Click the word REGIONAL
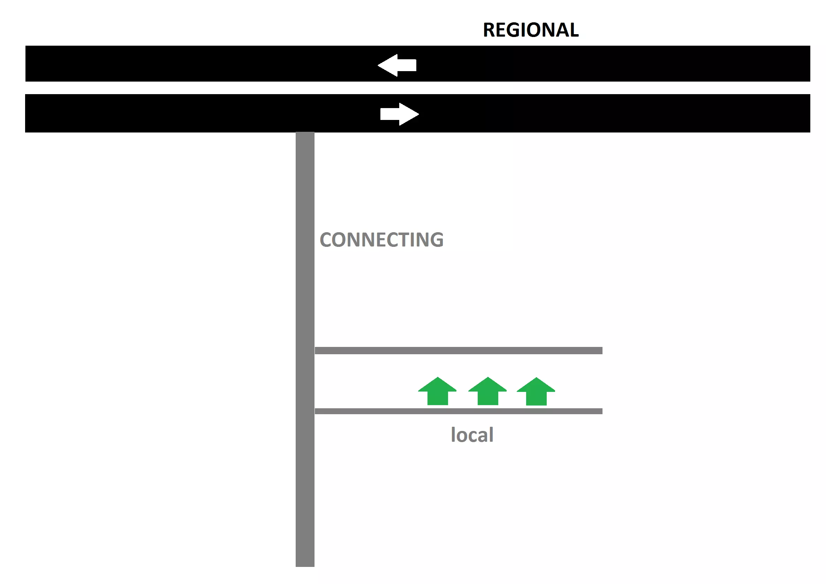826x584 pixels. (x=531, y=30)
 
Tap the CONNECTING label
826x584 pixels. (x=381, y=240)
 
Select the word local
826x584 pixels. (x=472, y=435)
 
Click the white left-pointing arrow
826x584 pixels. (x=397, y=65)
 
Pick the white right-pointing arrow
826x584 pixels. (x=399, y=114)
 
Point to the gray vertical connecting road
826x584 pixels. (x=305, y=288)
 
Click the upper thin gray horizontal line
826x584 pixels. (x=459, y=350)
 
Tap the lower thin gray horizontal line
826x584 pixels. (x=459, y=411)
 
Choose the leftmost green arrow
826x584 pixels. (x=438, y=392)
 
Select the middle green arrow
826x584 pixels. (x=487, y=392)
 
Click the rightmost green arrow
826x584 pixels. (x=536, y=392)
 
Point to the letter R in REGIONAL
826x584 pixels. (x=490, y=30)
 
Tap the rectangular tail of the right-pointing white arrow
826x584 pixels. (x=389, y=114)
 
